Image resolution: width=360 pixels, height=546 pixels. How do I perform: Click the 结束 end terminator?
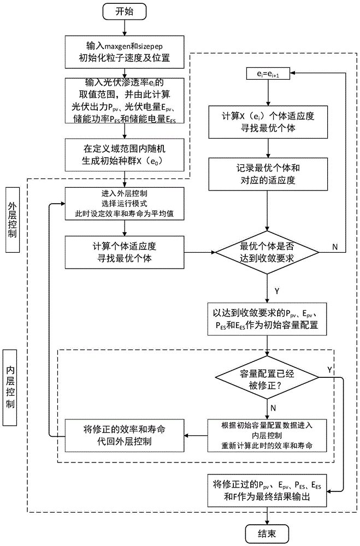tap(267, 532)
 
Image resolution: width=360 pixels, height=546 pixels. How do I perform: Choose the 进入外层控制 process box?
tap(125, 203)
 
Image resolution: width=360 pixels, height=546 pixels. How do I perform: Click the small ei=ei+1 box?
tap(267, 73)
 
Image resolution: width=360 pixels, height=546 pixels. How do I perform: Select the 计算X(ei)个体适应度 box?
tap(267, 122)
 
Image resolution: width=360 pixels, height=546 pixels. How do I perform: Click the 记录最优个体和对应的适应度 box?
tap(267, 174)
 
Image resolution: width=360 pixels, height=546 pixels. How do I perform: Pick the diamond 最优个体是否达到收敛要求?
tap(267, 252)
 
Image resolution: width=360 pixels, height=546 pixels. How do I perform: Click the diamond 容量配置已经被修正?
tap(267, 378)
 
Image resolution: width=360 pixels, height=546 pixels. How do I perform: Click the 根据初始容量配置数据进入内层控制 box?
tap(267, 435)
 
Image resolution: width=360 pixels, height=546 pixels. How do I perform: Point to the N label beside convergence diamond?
tap(335, 246)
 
